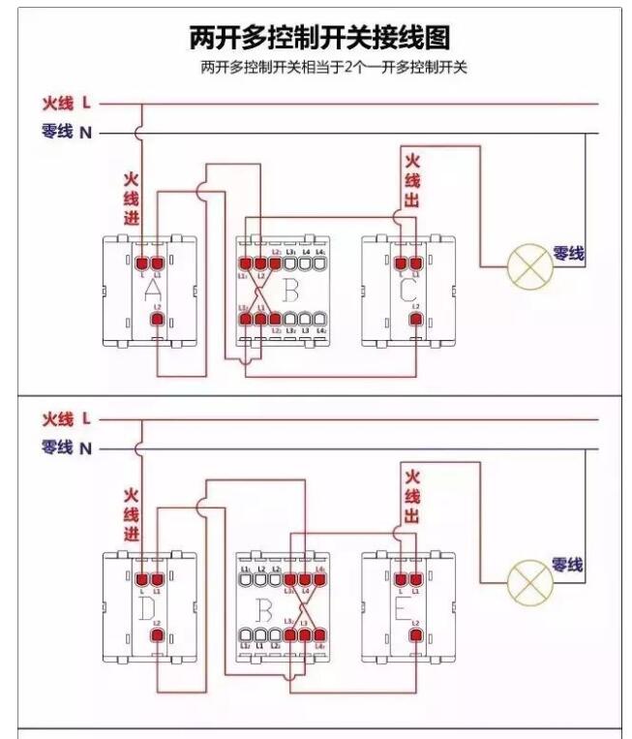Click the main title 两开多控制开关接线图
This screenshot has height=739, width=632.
pos(318,38)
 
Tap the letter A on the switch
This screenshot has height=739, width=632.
pos(151,288)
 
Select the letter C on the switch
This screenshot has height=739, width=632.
pos(406,288)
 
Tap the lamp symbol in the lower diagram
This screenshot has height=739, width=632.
pos(530,581)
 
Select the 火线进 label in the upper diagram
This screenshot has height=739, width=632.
pos(132,200)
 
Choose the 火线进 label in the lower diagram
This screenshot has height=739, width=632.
pos(132,515)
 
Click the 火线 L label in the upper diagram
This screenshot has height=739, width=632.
pos(67,102)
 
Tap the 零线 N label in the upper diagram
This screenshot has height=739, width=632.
pos(67,132)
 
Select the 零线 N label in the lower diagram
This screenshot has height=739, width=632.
pos(67,447)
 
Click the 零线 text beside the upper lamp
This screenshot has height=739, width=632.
pos(568,254)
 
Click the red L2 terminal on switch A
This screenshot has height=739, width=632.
pos(157,319)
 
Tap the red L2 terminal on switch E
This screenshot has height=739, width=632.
pos(415,635)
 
